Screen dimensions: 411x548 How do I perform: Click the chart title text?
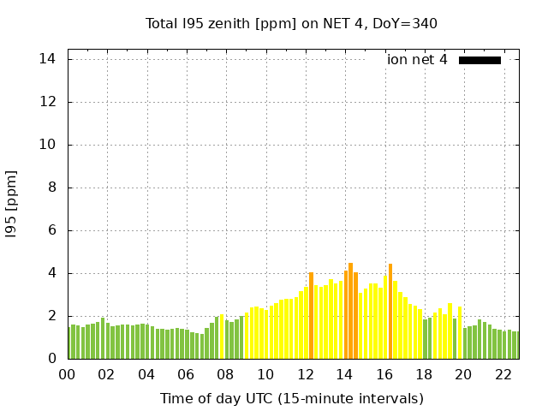point(291,23)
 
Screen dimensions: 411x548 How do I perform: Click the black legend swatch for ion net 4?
point(479,60)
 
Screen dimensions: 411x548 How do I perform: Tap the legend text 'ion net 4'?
point(417,60)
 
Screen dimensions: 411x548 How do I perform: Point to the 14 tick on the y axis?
point(48,59)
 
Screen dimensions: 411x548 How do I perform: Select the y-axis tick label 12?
point(48,102)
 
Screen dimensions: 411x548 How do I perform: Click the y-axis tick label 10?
point(48,145)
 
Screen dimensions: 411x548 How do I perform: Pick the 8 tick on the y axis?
point(51,188)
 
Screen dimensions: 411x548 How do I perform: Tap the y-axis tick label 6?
point(51,230)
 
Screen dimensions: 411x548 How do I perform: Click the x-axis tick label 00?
point(68,374)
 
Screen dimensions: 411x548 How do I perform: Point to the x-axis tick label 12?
point(306,374)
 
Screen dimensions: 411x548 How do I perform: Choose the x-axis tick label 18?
point(425,374)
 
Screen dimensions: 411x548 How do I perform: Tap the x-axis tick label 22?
point(503,374)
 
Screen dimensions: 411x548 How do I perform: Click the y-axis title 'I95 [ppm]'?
point(11,203)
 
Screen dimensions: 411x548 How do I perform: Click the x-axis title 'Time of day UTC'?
point(292,398)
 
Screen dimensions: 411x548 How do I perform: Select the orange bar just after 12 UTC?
point(311,315)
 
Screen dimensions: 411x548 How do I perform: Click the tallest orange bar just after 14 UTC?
point(350,310)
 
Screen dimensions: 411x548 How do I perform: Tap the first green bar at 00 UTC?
point(69,342)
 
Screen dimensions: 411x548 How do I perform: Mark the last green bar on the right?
point(516,345)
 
